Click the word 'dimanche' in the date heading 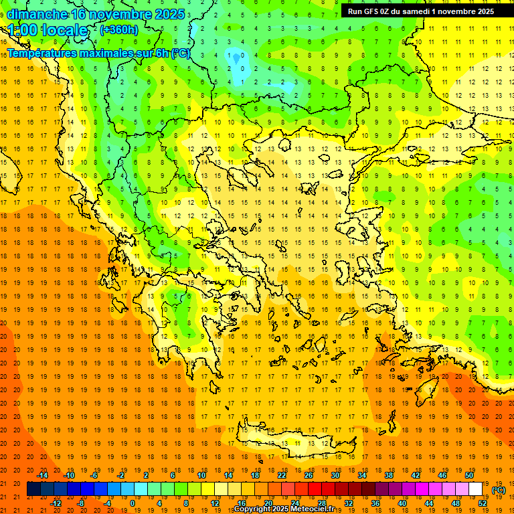[x=37, y=14]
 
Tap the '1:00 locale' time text [x=48, y=31]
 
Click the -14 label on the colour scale [x=42, y=475]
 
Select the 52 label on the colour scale [x=483, y=503]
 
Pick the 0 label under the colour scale [x=133, y=503]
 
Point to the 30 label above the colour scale [x=335, y=475]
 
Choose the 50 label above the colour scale [x=469, y=475]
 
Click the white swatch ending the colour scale [x=476, y=489]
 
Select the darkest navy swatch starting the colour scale [x=33, y=489]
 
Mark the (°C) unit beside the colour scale [x=499, y=490]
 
